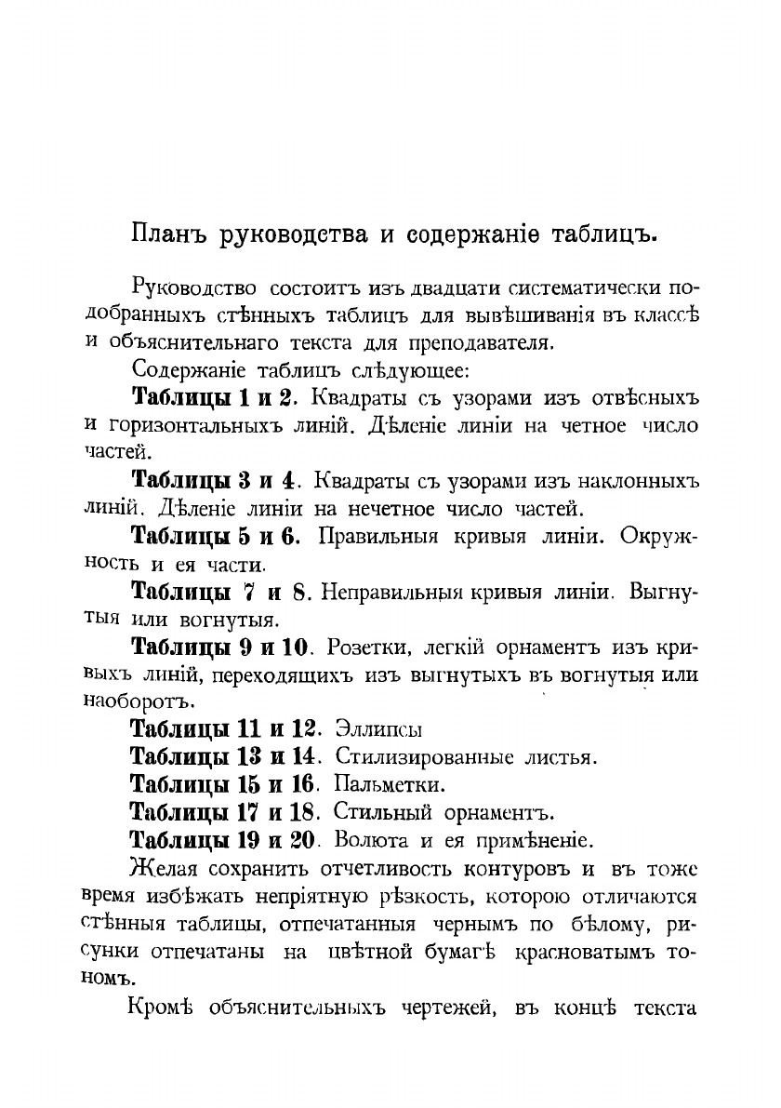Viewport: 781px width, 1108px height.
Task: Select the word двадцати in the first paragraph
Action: pos(433,287)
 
